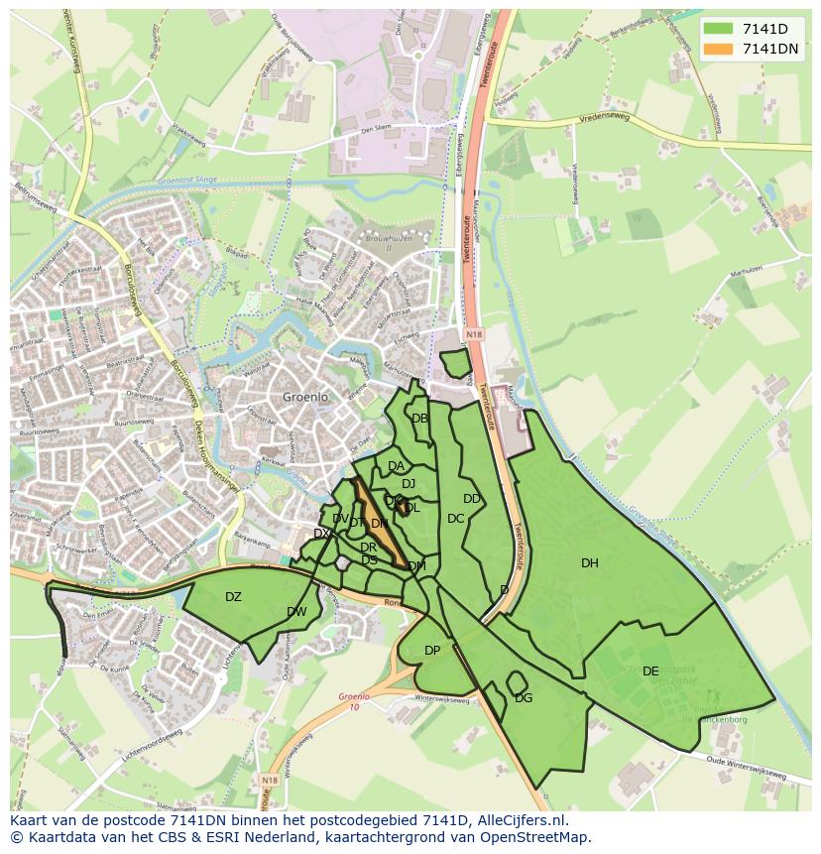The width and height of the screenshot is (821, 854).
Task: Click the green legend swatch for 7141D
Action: tap(719, 29)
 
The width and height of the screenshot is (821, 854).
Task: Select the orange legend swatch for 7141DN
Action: tap(719, 49)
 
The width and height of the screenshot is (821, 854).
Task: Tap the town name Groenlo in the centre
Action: tap(305, 397)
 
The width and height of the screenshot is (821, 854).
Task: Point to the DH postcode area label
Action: tap(590, 563)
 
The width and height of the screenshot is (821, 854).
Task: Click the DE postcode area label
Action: tap(650, 671)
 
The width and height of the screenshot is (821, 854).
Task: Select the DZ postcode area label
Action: tap(233, 597)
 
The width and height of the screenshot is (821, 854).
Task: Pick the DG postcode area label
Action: tap(524, 698)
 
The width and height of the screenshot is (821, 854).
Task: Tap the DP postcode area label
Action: tap(432, 651)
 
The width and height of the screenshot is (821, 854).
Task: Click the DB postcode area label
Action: tap(419, 419)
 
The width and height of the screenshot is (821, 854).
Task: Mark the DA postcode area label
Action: tap(396, 466)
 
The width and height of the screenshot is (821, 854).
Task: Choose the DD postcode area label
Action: tap(472, 499)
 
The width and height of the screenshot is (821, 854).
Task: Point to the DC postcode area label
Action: tap(455, 519)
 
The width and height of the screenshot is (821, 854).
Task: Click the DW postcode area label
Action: tap(296, 612)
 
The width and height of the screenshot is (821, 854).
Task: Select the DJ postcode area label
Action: tap(408, 484)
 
